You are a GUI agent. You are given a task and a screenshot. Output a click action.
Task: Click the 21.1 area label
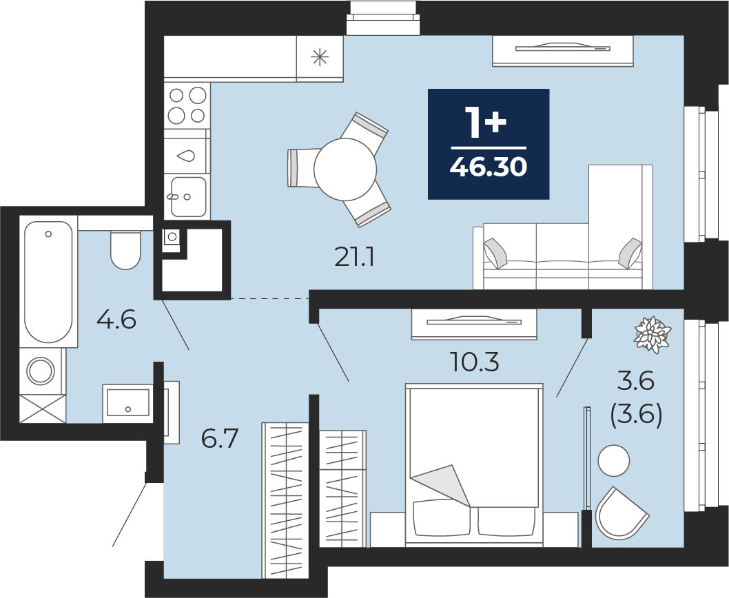point(354,257)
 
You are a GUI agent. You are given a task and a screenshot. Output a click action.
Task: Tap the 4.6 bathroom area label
point(116,320)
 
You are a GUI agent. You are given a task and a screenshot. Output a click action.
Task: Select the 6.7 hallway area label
point(220,438)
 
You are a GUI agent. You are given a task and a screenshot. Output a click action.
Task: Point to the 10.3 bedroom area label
point(475,362)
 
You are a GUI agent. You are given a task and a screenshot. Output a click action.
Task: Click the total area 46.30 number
point(488,167)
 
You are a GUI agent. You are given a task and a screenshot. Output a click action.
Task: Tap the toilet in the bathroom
point(125,249)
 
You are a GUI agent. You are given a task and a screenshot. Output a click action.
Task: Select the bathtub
point(48,282)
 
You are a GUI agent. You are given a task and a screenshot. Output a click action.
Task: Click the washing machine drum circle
point(41,371)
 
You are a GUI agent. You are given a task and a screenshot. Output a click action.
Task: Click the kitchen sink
point(188,197)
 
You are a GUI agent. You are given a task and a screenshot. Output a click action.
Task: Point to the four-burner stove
point(187,105)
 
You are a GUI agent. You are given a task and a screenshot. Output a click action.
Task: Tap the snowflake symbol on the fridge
point(320,58)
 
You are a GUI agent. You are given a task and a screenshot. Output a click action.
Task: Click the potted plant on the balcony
point(653,335)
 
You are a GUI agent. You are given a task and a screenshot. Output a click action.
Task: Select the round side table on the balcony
point(614,460)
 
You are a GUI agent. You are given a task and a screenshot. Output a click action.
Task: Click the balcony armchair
point(619,515)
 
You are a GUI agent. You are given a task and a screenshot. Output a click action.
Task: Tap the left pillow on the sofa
point(497,254)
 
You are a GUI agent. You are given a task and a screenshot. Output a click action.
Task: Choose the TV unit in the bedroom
point(474,324)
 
